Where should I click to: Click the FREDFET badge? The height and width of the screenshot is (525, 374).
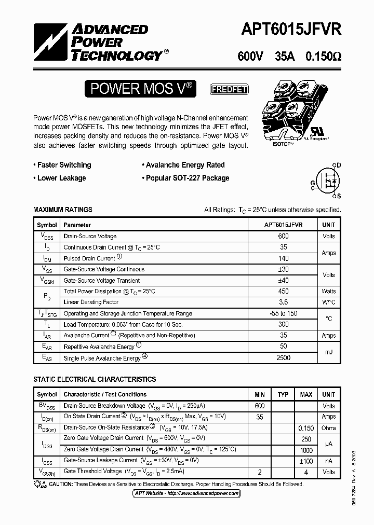coord(229,89)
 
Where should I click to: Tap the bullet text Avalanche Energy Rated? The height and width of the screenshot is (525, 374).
coord(183,165)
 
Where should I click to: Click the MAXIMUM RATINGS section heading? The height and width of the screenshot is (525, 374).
coord(63,210)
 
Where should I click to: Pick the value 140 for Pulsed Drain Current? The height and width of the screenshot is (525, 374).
coord(283,258)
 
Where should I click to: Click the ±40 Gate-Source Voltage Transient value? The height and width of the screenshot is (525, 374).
coord(283,280)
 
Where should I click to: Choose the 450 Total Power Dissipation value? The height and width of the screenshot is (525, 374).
coord(283,291)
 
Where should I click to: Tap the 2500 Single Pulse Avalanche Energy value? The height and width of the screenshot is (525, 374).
coord(283,358)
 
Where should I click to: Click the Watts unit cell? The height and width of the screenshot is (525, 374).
coord(328,291)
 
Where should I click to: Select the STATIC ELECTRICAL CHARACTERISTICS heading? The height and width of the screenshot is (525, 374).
coord(95,379)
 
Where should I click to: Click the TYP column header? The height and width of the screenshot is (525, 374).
coord(283,395)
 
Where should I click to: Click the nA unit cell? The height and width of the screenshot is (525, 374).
coord(328,461)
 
